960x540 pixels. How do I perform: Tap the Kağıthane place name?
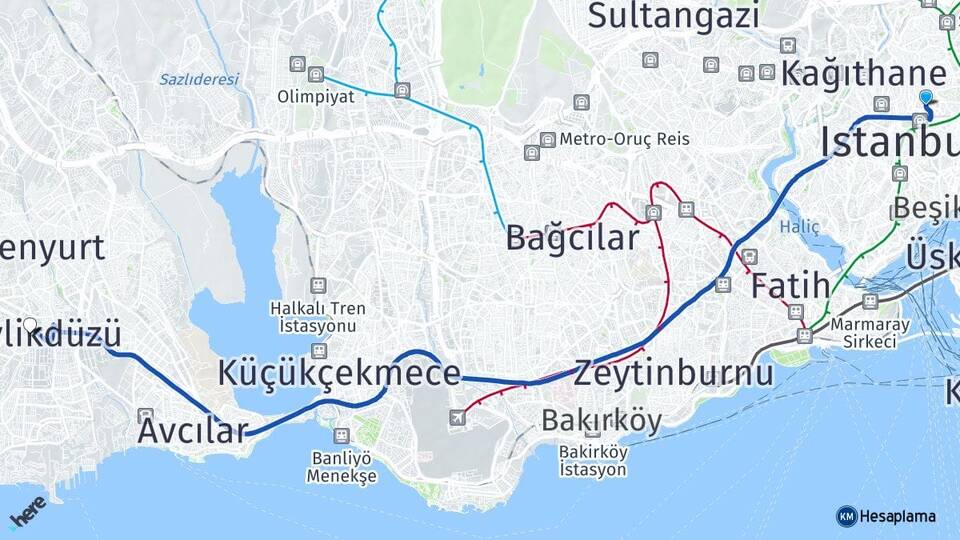click(863, 73)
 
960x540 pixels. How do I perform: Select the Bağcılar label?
click(571, 238)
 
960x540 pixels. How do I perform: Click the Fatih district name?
click(790, 285)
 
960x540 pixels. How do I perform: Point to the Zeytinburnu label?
click(673, 373)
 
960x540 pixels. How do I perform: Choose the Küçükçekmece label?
click(339, 373)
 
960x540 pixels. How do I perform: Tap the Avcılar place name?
click(192, 431)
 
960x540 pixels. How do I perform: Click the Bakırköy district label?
click(601, 421)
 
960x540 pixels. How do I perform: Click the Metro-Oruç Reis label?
click(624, 139)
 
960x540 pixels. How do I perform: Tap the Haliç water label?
click(799, 227)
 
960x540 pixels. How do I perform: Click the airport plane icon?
click(457, 417)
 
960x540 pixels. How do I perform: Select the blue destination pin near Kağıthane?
click(926, 98)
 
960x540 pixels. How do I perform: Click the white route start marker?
click(30, 325)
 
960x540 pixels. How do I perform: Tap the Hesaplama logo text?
click(897, 516)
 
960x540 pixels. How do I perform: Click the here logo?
click(27, 511)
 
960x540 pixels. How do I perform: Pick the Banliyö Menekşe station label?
click(342, 468)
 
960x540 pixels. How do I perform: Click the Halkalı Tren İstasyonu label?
click(318, 317)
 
